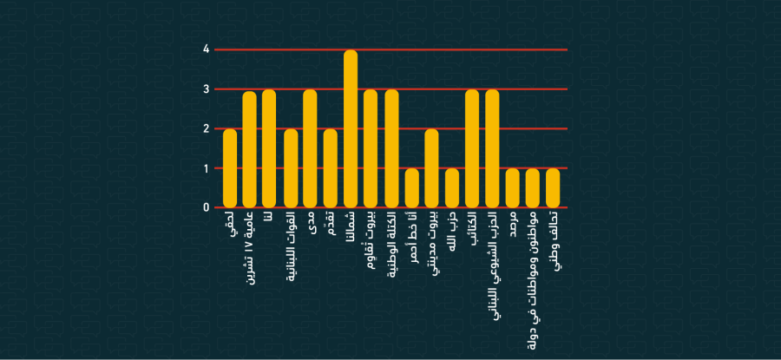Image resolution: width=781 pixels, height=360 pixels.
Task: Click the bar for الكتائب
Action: coord(472,148)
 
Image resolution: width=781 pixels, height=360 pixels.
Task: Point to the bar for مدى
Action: coord(310,148)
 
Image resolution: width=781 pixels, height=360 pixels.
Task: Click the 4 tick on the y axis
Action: coord(207,49)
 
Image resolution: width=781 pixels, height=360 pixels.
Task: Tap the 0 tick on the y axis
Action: coord(207,207)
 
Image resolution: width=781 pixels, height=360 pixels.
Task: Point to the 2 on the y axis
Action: coord(207,128)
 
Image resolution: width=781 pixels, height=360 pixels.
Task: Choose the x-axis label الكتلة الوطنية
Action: coord(391,247)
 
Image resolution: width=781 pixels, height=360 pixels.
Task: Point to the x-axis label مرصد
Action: coord(513,229)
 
